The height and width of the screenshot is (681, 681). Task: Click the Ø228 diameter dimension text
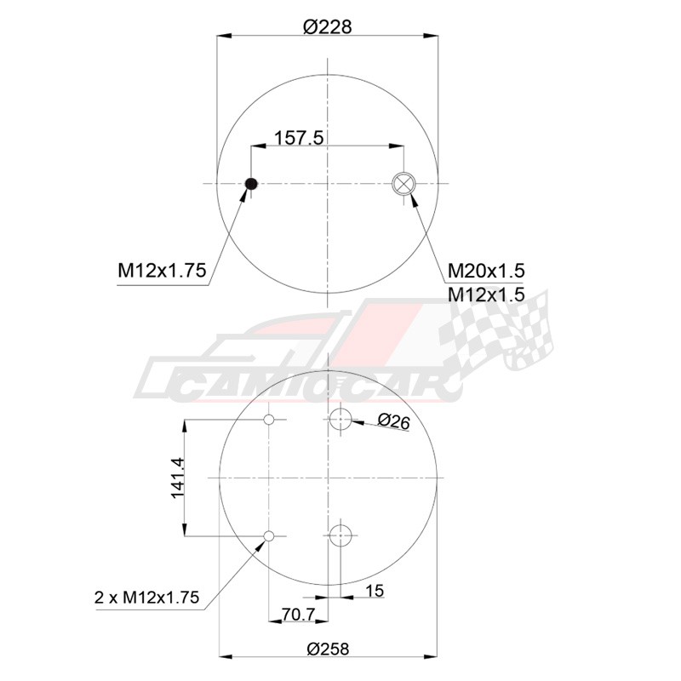click(327, 27)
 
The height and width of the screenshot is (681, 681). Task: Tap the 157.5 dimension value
click(299, 138)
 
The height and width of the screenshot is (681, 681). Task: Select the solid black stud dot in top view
click(251, 184)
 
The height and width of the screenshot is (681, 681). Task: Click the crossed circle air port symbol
click(403, 184)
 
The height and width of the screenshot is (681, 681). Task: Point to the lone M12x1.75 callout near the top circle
click(162, 271)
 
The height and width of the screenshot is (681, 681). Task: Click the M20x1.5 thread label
click(486, 271)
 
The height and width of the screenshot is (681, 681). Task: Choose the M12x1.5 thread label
click(486, 295)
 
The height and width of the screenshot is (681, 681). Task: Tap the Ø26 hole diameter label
click(393, 421)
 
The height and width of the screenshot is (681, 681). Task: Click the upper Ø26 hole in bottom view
click(340, 419)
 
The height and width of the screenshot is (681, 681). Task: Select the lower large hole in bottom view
click(340, 535)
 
